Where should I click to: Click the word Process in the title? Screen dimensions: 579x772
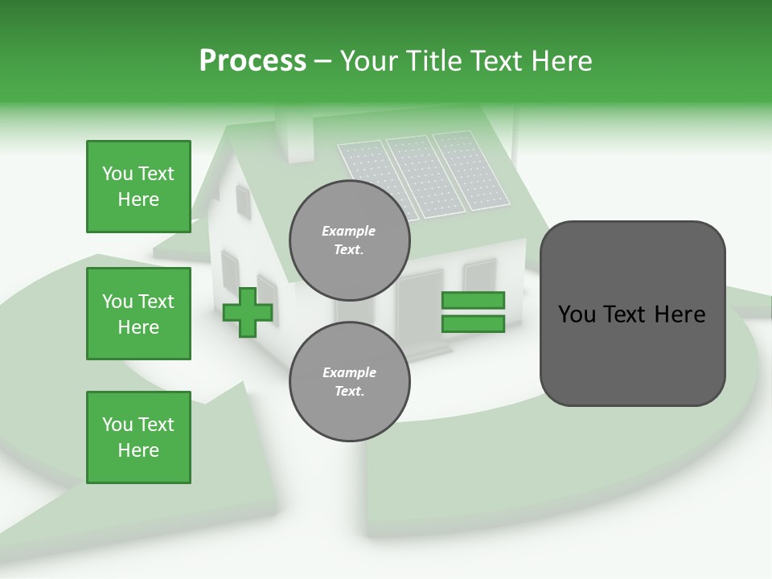pos(253,61)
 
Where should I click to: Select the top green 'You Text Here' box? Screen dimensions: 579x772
pos(138,187)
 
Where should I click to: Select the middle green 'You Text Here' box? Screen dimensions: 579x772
pos(138,314)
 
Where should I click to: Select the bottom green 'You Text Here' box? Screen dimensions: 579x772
pos(138,437)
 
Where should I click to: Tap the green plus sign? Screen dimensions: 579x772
pos(248,312)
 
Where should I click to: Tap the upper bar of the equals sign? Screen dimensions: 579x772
pos(473,300)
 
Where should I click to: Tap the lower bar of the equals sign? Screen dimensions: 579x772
pos(473,324)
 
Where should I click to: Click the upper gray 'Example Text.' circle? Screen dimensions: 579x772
pos(349,240)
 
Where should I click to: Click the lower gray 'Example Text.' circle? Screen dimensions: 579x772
pos(349,382)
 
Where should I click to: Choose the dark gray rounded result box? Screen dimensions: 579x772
pos(632,314)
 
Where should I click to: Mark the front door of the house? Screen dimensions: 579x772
pos(420,310)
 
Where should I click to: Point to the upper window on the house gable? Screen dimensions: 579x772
pos(243,201)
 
